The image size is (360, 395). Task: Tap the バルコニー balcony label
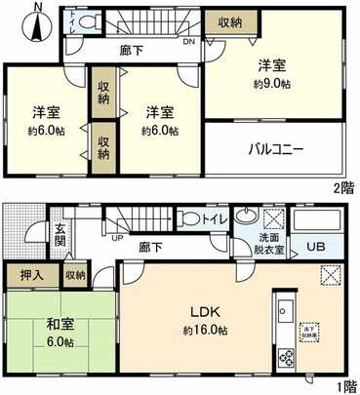point(277,150)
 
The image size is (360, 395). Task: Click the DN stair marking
point(188,42)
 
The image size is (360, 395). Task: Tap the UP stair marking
point(119,237)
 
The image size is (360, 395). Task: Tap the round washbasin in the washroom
point(245,216)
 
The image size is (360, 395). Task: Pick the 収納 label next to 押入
point(75,276)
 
